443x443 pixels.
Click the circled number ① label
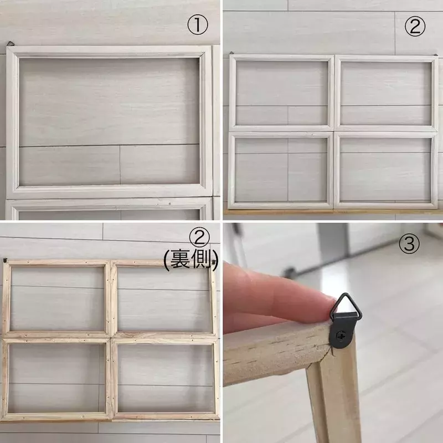198,25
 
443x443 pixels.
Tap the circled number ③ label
409,243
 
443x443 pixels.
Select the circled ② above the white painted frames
415,26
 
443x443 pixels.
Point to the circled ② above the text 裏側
199,239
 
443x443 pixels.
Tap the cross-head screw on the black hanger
340,336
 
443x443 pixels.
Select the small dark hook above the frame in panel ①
10,44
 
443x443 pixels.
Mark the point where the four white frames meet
334,132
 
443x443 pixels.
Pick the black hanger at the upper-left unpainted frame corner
5,260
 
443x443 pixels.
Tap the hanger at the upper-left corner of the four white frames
231,53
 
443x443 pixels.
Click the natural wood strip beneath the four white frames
333,211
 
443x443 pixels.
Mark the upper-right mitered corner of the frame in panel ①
205,53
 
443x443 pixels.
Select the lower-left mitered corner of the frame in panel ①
13,192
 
